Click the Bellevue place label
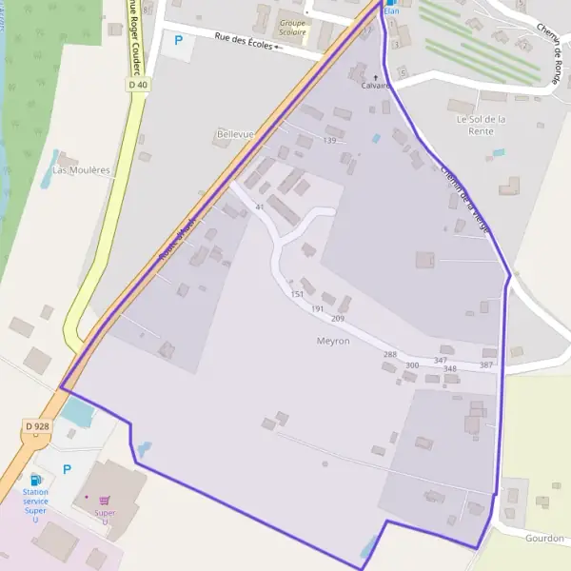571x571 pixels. tap(235, 135)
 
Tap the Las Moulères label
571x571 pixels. tap(81, 170)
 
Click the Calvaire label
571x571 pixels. tap(375, 85)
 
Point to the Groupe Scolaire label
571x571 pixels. tap(293, 27)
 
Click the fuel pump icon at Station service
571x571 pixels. tap(36, 479)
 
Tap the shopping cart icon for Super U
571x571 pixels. tap(105, 500)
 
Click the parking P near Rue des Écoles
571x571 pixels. tap(177, 40)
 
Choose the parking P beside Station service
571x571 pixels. tap(67, 469)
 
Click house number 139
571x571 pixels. tap(329, 141)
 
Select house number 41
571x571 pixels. tap(259, 207)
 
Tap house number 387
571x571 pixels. tap(486, 365)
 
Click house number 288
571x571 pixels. tap(389, 354)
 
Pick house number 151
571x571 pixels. tap(297, 294)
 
